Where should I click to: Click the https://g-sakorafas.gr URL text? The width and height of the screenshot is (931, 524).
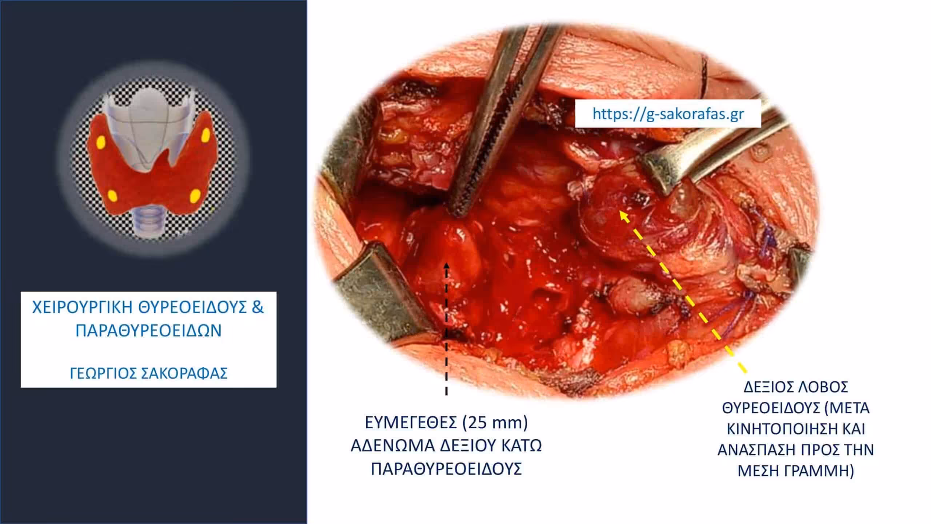[668, 114]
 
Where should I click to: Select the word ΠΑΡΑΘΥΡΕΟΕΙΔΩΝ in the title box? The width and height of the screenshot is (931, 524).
[148, 331]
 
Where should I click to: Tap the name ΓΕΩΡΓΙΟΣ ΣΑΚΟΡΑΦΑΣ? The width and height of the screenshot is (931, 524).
[148, 373]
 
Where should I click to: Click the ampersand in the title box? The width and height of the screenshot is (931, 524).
[257, 308]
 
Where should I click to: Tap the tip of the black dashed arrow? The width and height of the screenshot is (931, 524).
[447, 263]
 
